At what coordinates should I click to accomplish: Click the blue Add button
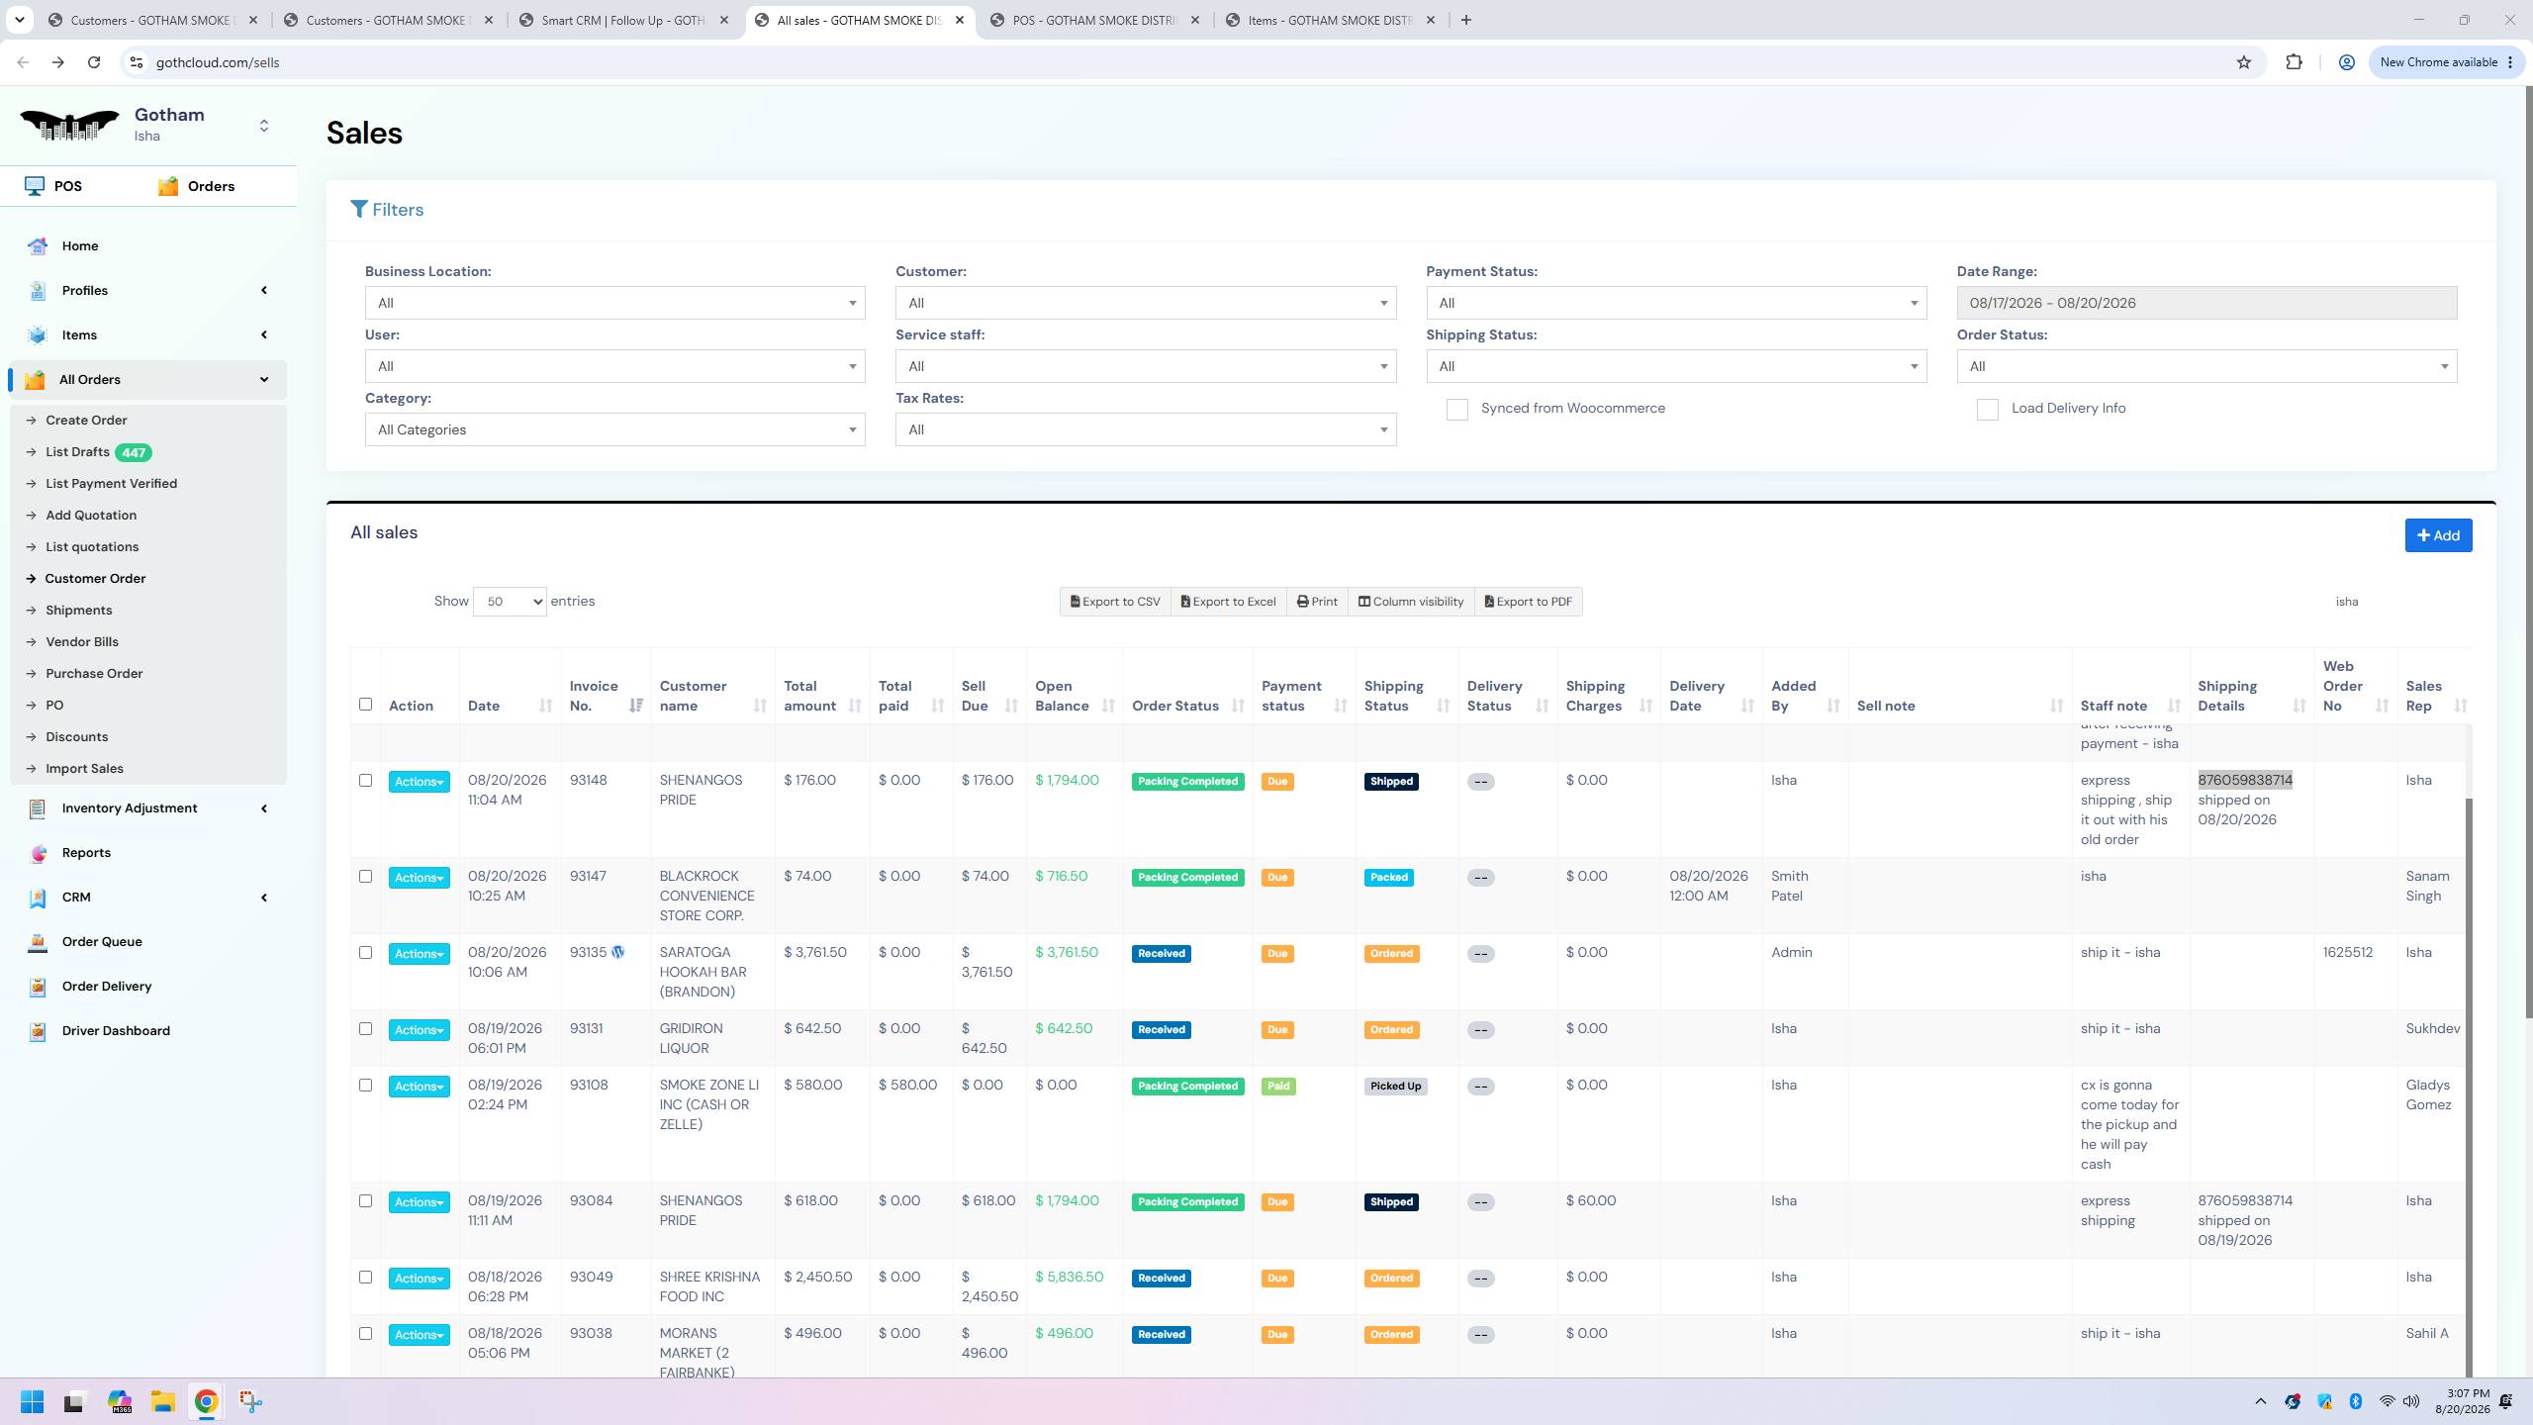pos(2438,535)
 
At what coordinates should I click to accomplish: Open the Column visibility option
pos(1410,602)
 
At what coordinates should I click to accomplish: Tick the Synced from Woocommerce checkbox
pos(1456,410)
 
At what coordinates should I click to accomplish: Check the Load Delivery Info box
pos(1987,410)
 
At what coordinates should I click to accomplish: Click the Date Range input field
pos(2206,303)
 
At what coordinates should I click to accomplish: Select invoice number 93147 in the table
pos(588,876)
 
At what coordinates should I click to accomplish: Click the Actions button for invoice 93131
pos(419,1030)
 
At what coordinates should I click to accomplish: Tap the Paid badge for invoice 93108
pos(1277,1086)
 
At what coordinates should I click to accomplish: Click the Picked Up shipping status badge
pos(1395,1086)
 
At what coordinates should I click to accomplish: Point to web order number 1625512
pos(2347,952)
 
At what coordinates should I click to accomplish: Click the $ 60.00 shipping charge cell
pos(1591,1200)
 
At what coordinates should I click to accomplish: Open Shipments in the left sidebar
pos(78,610)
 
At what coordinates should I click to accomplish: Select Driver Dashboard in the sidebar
pos(116,1030)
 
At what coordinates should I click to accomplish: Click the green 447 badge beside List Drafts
pos(133,452)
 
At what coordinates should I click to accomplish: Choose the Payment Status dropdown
pos(1676,303)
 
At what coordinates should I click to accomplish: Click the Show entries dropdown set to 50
pos(510,602)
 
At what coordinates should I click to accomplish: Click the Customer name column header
pos(693,696)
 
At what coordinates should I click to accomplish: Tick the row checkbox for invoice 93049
pos(365,1278)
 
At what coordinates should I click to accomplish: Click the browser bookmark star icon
pos(2243,62)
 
